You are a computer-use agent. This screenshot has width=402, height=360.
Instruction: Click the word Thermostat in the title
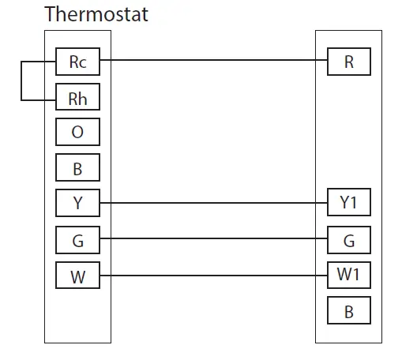click(96, 14)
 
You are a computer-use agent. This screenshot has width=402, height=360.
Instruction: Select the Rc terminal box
click(77, 62)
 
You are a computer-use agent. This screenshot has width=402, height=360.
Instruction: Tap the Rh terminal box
click(77, 99)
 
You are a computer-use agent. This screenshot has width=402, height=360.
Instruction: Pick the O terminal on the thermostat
click(77, 132)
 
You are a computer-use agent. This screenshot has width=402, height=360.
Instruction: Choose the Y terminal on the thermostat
click(77, 203)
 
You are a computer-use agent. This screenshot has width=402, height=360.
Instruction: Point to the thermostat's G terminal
click(77, 241)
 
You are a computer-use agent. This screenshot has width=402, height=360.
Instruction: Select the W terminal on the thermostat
click(77, 276)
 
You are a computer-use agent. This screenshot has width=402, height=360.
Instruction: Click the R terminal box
click(349, 62)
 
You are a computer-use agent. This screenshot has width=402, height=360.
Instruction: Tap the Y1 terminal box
click(349, 203)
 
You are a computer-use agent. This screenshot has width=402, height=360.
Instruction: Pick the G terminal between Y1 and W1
click(349, 241)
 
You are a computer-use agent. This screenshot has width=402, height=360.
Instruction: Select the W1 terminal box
click(349, 276)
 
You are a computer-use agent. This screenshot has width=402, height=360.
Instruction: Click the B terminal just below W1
click(349, 312)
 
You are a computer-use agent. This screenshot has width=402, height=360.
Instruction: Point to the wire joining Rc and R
click(213, 59)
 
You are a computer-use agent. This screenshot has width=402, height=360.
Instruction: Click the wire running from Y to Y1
click(213, 203)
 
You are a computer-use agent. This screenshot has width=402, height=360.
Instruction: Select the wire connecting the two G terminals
click(213, 238)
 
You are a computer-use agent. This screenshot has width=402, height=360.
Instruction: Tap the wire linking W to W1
click(213, 276)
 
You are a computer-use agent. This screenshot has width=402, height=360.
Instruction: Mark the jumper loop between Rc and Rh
click(22, 81)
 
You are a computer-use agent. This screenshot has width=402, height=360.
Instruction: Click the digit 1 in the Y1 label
click(355, 203)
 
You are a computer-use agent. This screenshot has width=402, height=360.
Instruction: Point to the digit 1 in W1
click(357, 276)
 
